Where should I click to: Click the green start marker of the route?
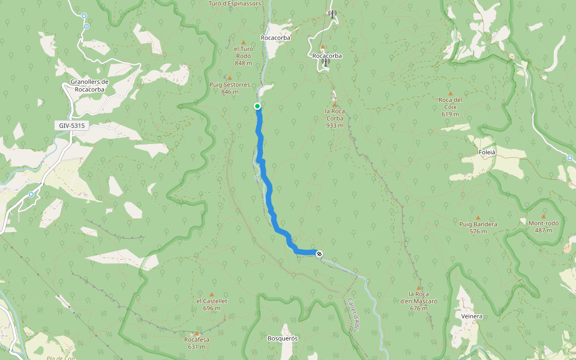257,106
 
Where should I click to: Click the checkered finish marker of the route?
319,253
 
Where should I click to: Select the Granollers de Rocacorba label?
89,85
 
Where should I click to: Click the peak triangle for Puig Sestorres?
229,78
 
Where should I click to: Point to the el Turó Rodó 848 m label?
243,56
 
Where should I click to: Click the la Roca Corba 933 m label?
335,118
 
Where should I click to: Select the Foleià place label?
486,152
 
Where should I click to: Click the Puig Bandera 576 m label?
478,227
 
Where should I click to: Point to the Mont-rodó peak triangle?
544,217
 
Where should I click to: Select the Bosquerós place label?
283,338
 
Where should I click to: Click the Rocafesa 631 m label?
197,343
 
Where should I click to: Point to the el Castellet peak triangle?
211,294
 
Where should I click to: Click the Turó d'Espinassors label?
235,3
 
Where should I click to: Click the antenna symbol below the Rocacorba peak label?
325,62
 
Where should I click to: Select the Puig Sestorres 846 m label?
229,88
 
